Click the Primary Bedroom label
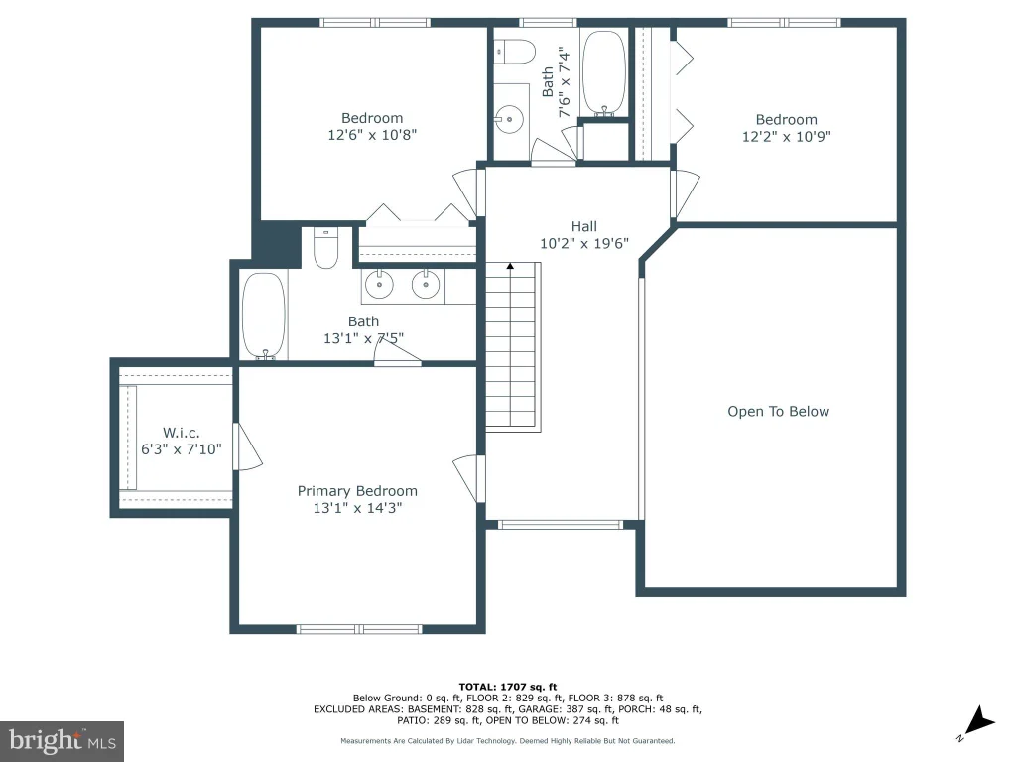(357, 491)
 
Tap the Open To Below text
(778, 412)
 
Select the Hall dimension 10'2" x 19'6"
(584, 244)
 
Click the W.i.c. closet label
(181, 433)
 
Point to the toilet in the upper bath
(515, 52)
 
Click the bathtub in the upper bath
(604, 73)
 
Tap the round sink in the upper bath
(510, 120)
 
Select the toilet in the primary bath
(325, 247)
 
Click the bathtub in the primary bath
(264, 317)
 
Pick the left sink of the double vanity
(379, 285)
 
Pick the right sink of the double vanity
(426, 285)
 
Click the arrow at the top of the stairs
(511, 266)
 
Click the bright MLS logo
(63, 741)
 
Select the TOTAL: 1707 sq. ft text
(508, 687)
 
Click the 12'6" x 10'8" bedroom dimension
(372, 135)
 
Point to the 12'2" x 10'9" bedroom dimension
(787, 136)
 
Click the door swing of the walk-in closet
(248, 447)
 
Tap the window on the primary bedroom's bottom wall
(359, 629)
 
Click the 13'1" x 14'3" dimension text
(357, 508)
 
